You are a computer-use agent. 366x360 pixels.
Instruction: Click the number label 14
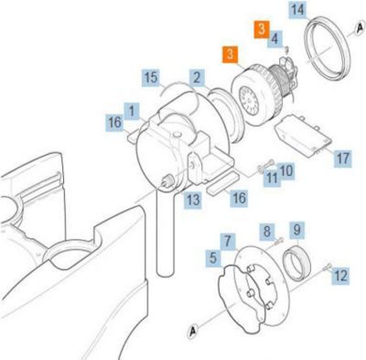point(297,9)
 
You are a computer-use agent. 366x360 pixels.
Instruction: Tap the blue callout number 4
point(274,38)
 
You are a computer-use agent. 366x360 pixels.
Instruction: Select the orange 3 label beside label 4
point(262,29)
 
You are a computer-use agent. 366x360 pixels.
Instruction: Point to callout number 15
point(151,78)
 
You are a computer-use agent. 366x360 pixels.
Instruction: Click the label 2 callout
point(197,78)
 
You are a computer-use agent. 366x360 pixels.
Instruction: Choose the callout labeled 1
point(132,111)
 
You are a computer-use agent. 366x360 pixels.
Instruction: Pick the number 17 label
point(342,158)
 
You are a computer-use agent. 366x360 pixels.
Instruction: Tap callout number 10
point(286,171)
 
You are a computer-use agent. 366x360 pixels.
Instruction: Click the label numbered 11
point(272,178)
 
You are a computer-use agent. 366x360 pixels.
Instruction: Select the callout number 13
point(192,201)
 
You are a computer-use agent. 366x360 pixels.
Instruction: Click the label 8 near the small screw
point(267,232)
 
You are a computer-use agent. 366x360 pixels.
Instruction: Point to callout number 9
point(296,229)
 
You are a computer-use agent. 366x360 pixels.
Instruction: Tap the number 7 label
point(228,241)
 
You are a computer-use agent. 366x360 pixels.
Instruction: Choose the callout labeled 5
point(213,258)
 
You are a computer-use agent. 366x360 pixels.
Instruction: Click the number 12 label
point(340,276)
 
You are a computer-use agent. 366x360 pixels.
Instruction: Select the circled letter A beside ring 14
point(360,28)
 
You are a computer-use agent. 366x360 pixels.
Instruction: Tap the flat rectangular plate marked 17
point(303,136)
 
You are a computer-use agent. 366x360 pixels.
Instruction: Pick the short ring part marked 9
point(297,263)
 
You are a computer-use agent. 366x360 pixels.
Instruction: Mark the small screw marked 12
point(327,267)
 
